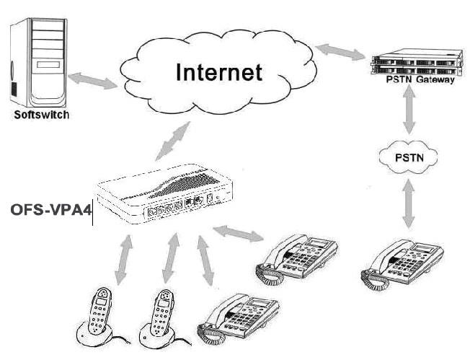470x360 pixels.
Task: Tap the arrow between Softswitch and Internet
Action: (x=93, y=80)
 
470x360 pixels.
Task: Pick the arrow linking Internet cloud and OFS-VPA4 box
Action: (x=174, y=141)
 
